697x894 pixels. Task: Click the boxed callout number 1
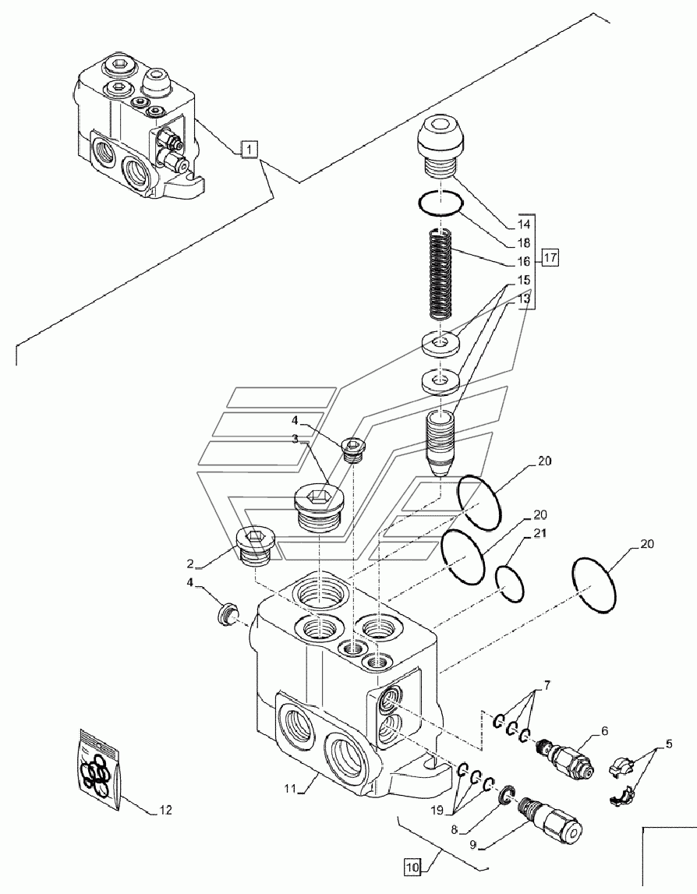pos(249,150)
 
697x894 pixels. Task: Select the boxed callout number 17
pos(550,258)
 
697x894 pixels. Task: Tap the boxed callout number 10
pos(412,867)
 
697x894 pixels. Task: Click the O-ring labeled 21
pos(510,582)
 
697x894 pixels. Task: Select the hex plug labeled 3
pos(319,507)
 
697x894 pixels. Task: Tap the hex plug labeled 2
pos(257,545)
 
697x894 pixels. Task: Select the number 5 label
pos(668,744)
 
